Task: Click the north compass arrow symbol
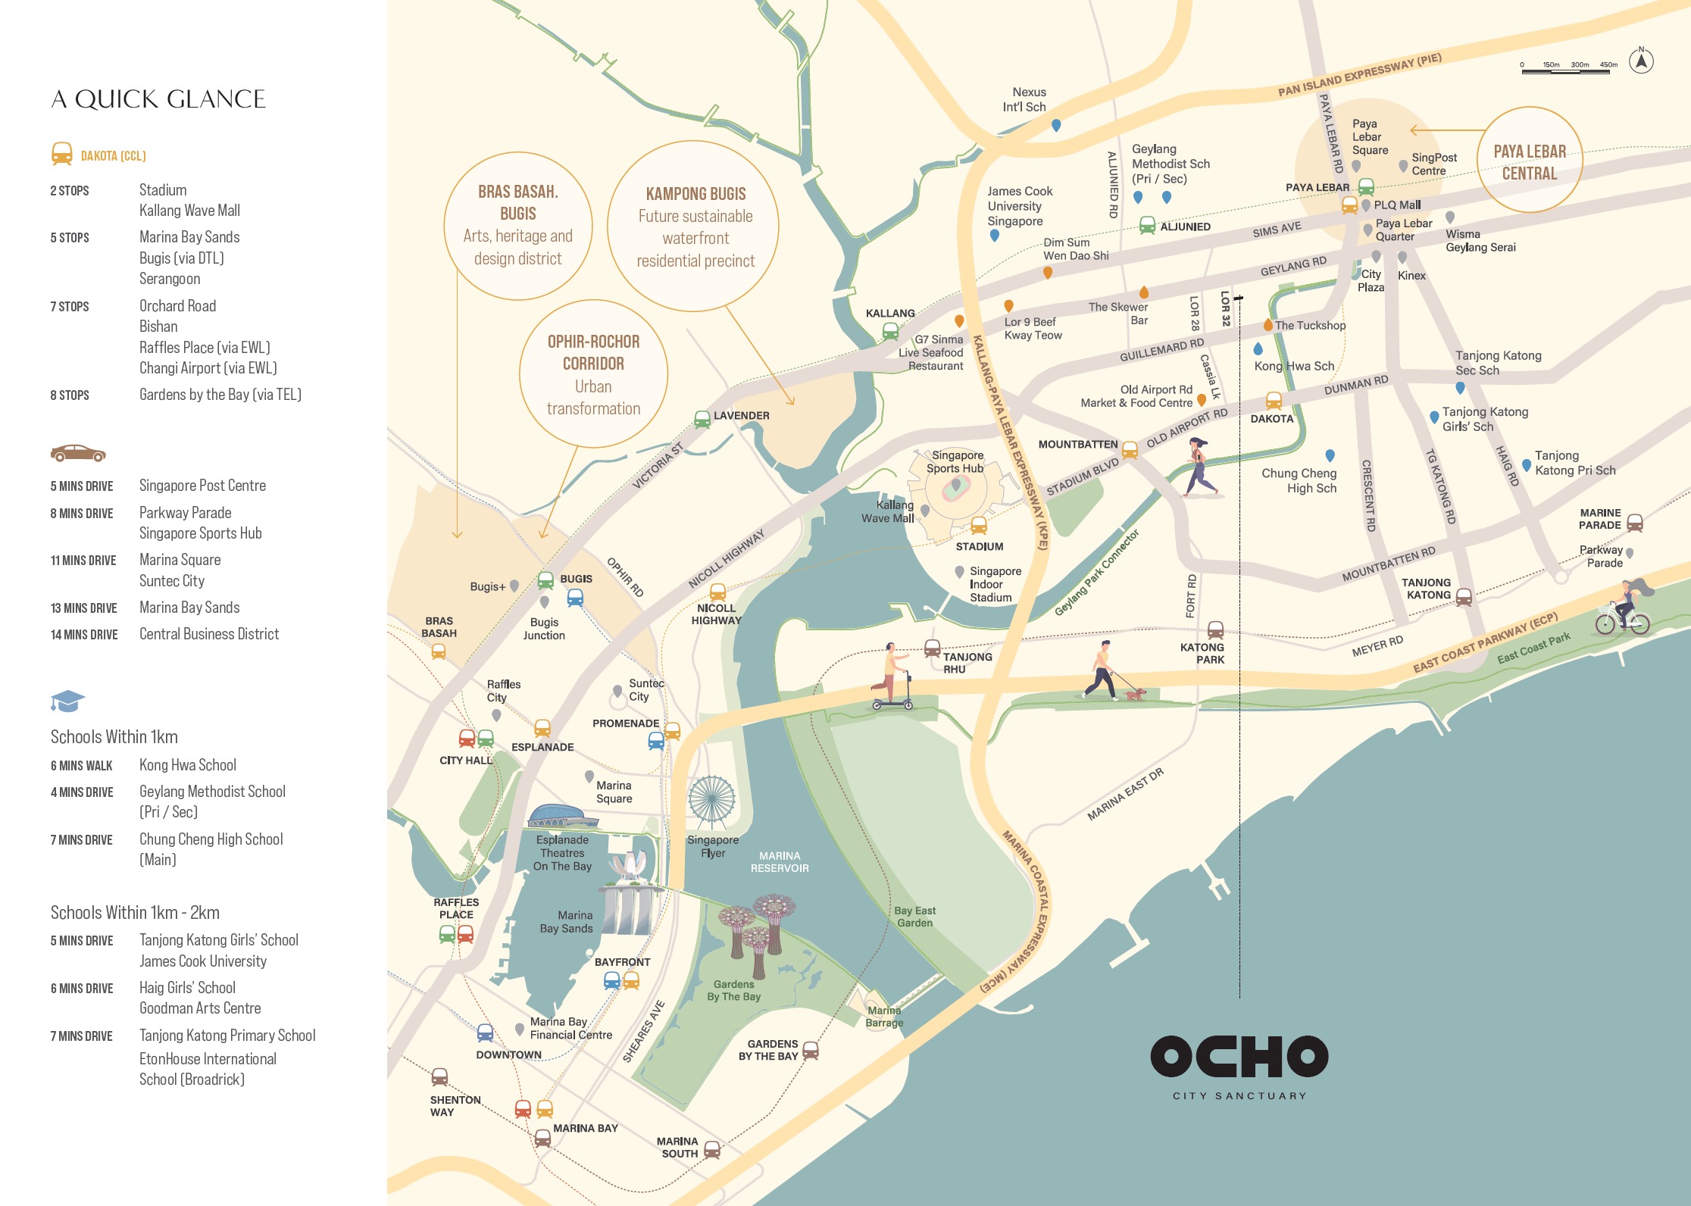[x=1641, y=61]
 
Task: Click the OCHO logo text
[x=1239, y=1056]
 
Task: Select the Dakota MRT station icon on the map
[x=1274, y=400]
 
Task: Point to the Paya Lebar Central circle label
[x=1529, y=161]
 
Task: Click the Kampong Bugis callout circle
[x=694, y=227]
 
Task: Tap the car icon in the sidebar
[x=78, y=453]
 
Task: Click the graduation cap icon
[x=67, y=701]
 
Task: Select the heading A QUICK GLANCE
[x=158, y=99]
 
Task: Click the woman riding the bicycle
[x=1624, y=608]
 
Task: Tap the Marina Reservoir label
[x=779, y=861]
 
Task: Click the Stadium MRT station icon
[x=978, y=526]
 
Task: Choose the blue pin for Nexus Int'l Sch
[x=1055, y=125]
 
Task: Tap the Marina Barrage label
[x=884, y=1016]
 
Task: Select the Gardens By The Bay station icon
[x=810, y=1050]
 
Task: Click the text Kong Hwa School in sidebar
[x=187, y=765]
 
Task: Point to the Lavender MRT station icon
[x=702, y=419]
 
